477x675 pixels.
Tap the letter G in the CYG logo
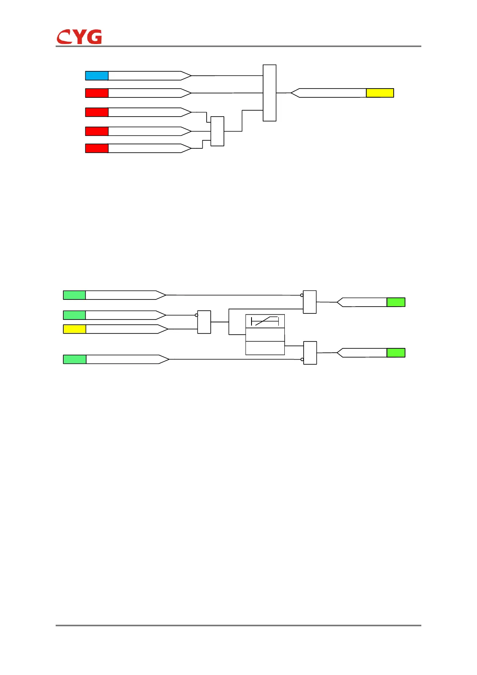(94, 37)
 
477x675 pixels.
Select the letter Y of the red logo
(79, 37)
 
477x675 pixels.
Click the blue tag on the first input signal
(97, 75)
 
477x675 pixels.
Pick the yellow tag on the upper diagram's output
(380, 93)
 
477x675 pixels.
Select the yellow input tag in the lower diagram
(74, 329)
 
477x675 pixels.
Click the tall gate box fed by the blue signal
(270, 93)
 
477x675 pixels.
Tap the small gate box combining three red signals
(217, 131)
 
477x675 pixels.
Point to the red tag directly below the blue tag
(97, 93)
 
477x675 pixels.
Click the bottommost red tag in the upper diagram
(97, 148)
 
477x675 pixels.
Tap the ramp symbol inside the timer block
(265, 321)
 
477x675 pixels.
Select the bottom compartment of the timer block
(265, 348)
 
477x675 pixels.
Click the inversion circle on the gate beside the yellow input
(196, 315)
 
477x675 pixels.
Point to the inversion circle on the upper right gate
(302, 295)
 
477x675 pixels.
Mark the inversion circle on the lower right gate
(302, 360)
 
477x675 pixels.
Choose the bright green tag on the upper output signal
(396, 302)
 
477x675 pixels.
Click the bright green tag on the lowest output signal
(396, 353)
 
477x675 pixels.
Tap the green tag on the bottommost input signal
(74, 359)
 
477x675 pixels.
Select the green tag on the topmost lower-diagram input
(74, 295)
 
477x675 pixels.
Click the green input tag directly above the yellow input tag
(74, 315)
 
